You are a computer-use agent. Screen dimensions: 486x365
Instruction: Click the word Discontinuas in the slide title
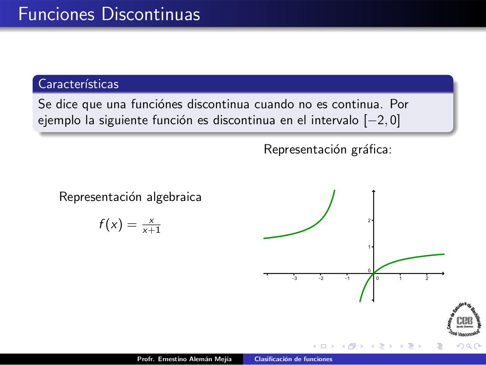151,14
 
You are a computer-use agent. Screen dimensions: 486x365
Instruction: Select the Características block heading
78,84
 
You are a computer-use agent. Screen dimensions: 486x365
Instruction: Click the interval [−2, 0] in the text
382,120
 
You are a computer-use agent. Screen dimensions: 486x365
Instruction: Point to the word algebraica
174,197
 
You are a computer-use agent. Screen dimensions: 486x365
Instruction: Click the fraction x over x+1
151,226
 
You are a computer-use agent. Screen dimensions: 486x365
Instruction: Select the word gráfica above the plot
372,150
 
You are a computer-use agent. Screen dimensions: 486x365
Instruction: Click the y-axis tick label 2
369,220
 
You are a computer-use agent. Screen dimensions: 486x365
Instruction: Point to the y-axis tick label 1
369,247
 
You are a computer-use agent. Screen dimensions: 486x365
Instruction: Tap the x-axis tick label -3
295,278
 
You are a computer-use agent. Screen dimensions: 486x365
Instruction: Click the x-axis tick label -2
321,278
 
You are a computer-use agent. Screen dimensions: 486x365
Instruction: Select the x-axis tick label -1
347,278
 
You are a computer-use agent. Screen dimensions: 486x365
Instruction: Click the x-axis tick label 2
427,278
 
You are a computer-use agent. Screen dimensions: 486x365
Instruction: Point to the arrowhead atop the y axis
374,191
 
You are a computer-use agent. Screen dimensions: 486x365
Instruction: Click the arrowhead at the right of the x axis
443,273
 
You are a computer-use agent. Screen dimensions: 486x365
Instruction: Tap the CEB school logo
464,319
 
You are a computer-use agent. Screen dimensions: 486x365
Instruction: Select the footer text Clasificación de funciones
293,359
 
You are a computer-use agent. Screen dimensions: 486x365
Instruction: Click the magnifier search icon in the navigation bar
469,346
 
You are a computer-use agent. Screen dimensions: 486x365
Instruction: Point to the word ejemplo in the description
59,121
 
